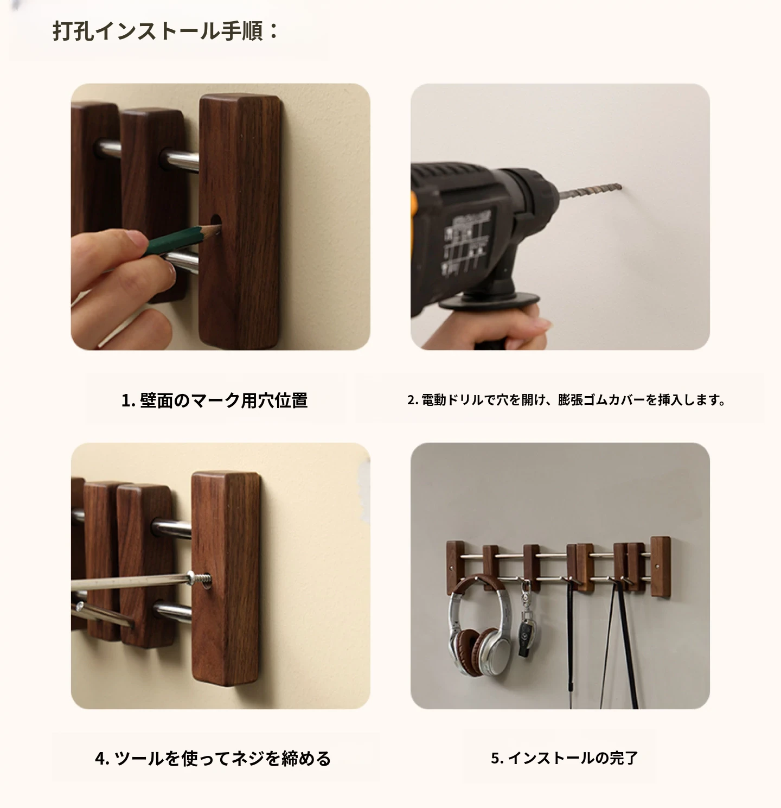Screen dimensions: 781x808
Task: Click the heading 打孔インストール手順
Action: tap(165, 31)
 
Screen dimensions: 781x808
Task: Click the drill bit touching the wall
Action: tap(591, 192)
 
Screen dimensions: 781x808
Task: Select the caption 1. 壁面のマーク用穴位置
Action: tap(215, 400)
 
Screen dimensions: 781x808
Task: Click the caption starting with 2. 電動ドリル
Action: tap(566, 400)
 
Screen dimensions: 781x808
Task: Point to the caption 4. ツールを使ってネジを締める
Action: tap(213, 758)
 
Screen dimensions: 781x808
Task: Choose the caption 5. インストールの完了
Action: tap(565, 758)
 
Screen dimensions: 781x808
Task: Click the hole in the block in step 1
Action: tap(215, 220)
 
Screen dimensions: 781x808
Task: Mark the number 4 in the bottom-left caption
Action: tap(100, 759)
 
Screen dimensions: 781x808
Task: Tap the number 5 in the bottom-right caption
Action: tap(496, 758)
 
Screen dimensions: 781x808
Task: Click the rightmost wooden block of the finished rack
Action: tap(660, 567)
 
